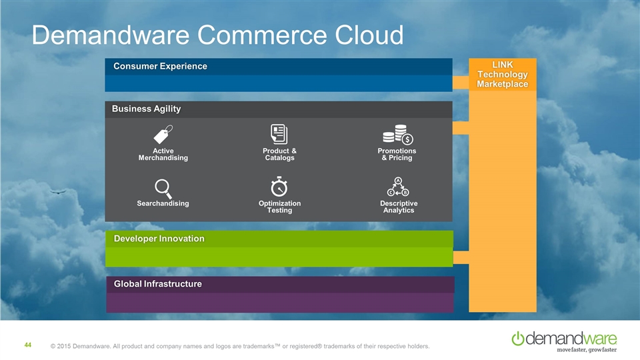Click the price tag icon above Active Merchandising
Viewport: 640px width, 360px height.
click(163, 134)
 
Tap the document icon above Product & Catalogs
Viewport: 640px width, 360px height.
click(279, 133)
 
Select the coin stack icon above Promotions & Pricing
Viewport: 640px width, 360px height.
click(398, 134)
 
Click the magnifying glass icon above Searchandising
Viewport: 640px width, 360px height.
click(163, 189)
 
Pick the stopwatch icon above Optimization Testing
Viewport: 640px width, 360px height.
click(279, 187)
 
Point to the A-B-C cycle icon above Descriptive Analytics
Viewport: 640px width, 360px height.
click(398, 187)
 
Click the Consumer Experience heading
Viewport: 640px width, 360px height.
click(160, 66)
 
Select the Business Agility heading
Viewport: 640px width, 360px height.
click(146, 109)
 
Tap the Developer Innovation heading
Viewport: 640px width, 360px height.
click(159, 239)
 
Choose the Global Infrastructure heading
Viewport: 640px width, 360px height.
click(157, 285)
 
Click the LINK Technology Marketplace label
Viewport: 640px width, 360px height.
click(502, 74)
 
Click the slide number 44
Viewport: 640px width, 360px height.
click(28, 345)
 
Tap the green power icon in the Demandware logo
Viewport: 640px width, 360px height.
click(518, 339)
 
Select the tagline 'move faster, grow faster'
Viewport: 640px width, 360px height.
click(587, 349)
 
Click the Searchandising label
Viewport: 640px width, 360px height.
click(163, 203)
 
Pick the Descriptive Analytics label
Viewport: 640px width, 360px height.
click(399, 207)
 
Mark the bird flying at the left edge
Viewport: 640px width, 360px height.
click(57, 191)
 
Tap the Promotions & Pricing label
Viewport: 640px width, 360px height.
click(397, 154)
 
